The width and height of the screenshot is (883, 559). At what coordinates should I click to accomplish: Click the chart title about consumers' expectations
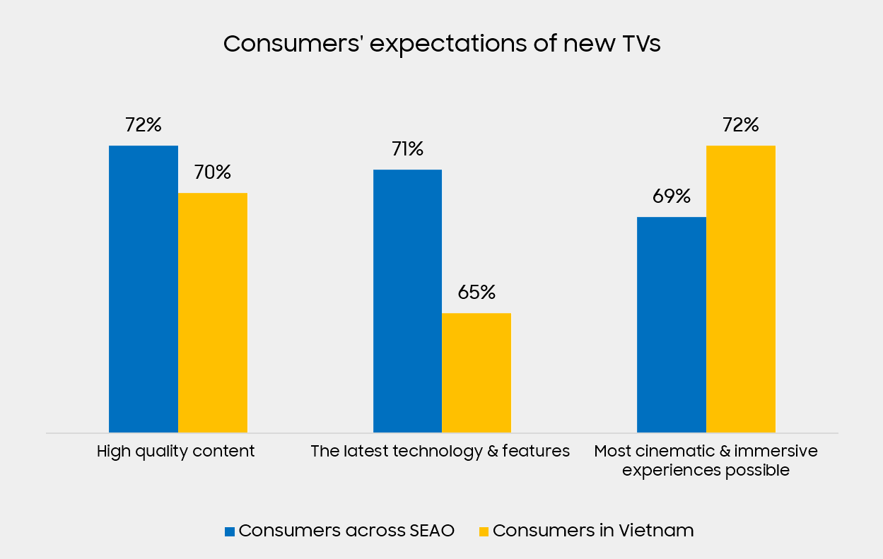441,44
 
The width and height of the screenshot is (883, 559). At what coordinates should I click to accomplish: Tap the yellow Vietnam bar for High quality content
212,312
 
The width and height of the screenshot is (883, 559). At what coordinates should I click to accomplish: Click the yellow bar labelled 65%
476,372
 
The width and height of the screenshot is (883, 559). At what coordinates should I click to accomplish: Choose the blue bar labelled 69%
671,324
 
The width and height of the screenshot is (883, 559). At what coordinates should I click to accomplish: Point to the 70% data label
212,172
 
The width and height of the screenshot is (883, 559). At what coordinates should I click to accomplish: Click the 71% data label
407,149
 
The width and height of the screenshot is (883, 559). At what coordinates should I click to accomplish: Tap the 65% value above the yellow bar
476,293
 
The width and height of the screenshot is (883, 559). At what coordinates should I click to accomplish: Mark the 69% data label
671,196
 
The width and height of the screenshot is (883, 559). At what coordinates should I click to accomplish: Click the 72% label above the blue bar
143,125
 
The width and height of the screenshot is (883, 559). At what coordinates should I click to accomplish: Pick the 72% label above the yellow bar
740,125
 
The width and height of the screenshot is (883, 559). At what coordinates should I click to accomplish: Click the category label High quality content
175,452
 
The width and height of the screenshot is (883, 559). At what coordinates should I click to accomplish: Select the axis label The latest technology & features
440,452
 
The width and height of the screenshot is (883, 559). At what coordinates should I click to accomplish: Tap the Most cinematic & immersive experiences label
706,460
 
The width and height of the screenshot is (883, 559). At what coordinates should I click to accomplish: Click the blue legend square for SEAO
229,531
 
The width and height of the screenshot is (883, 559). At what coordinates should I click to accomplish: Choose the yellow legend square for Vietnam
484,531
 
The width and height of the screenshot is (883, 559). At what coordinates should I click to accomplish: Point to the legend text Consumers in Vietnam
593,531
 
